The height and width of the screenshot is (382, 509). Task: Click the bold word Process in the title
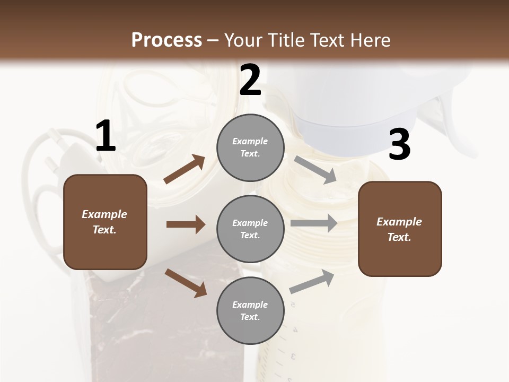(x=166, y=40)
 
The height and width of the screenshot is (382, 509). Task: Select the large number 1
(x=106, y=136)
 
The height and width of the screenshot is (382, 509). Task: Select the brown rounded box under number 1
(x=105, y=222)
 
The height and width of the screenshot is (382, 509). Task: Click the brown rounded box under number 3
(x=400, y=229)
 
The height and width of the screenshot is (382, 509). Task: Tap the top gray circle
(x=250, y=147)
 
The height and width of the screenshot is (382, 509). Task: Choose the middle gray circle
(x=250, y=229)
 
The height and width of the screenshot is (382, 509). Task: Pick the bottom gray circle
(x=250, y=310)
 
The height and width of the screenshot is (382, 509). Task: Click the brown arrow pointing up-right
(x=185, y=169)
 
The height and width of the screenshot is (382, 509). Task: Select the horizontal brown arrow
(x=186, y=224)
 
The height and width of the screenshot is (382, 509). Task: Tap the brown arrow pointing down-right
(x=186, y=282)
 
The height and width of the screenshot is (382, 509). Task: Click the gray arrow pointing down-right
(x=315, y=169)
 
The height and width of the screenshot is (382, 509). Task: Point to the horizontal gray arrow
(x=314, y=223)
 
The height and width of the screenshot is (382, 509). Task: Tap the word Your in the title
(x=243, y=40)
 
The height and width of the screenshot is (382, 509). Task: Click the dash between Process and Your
(x=213, y=40)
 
